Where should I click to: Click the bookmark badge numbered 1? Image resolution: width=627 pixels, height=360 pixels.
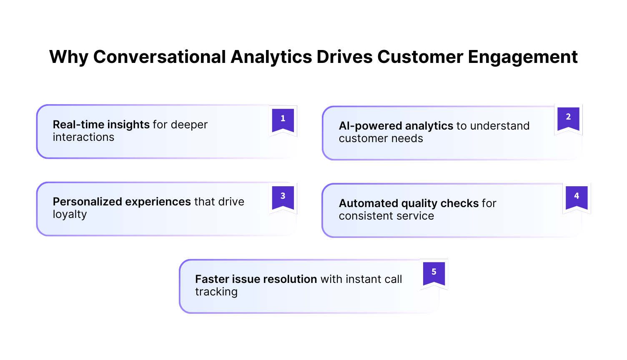[x=283, y=120]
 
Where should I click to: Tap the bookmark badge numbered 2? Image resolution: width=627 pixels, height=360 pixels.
[x=568, y=118]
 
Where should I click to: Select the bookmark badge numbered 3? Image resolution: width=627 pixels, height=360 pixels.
[x=283, y=197]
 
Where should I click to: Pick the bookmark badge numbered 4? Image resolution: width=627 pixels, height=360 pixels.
[x=577, y=197]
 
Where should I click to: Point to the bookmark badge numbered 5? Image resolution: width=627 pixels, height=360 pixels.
[x=434, y=273]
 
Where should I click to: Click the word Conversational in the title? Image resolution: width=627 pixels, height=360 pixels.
[x=159, y=57]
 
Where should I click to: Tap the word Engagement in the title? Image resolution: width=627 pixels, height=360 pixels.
[x=523, y=57]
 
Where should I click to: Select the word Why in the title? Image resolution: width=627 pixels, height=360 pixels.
[x=68, y=57]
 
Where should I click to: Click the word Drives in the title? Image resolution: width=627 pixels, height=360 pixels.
[x=344, y=57]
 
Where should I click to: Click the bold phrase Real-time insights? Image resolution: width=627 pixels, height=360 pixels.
[x=101, y=125]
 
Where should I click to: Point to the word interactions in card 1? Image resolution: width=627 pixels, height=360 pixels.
[x=83, y=137]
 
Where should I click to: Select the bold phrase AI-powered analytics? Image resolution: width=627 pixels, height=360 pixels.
[x=396, y=126]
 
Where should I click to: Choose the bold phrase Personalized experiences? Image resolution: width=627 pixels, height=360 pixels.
[x=122, y=202]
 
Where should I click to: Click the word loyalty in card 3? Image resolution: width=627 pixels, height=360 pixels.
[x=70, y=215]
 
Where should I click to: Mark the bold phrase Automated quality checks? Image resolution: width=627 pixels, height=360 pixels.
[x=409, y=203]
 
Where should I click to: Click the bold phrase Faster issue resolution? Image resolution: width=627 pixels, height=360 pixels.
[x=256, y=279]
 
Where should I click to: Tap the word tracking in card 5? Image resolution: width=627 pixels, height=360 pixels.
[x=216, y=292]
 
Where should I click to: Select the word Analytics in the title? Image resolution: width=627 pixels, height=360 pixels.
[x=271, y=57]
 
